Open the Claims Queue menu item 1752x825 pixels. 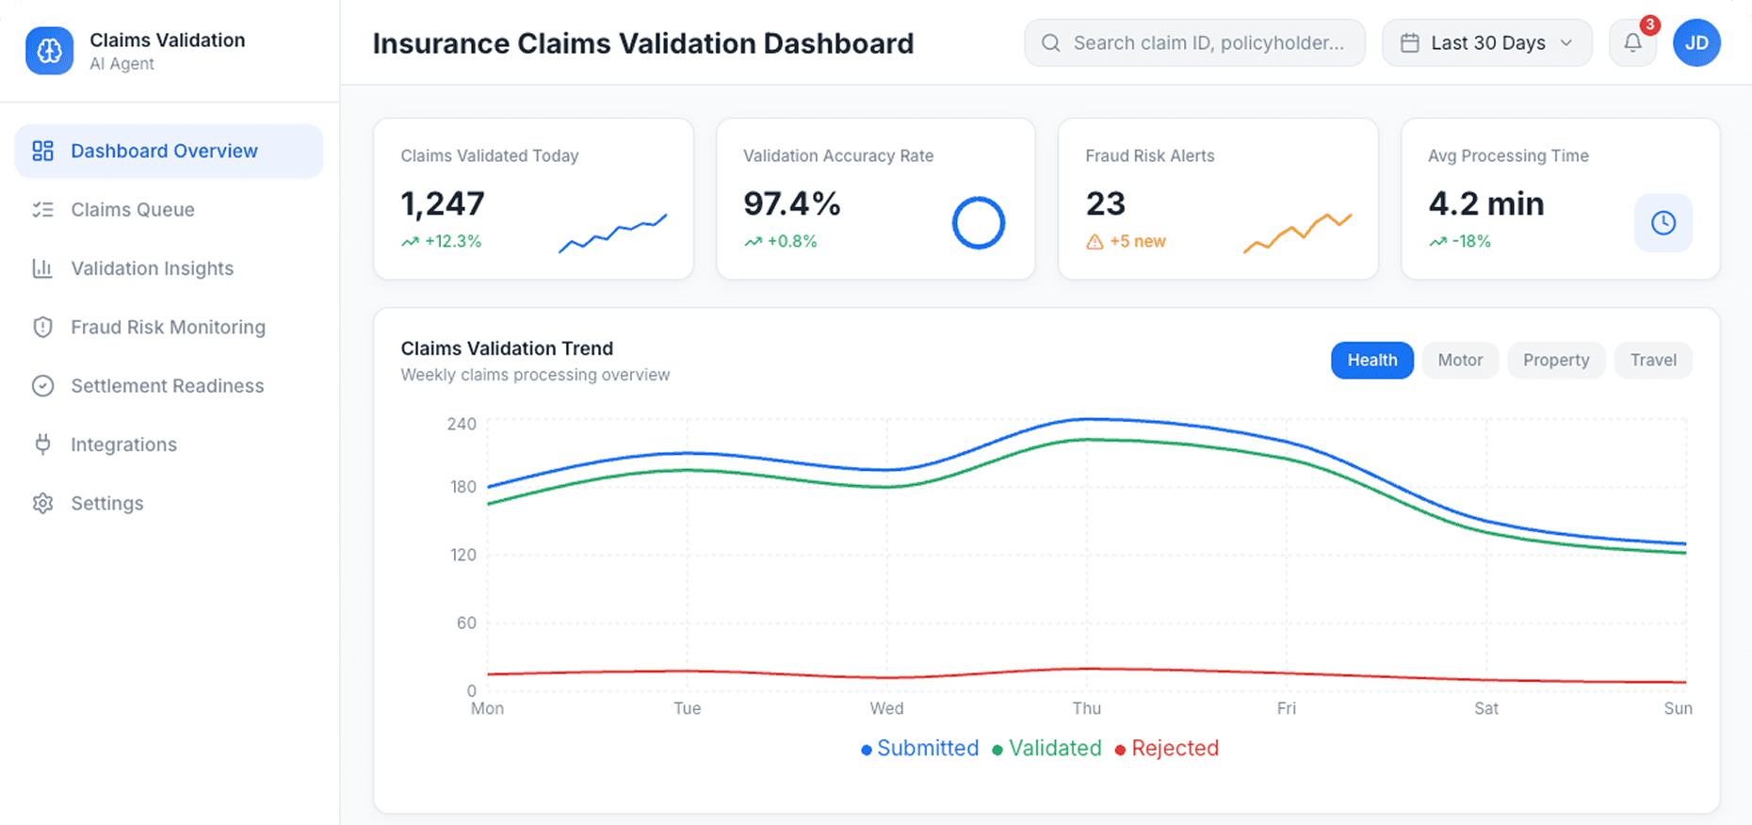tap(132, 210)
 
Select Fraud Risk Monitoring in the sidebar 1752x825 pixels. tap(168, 327)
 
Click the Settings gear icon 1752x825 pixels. tap(42, 503)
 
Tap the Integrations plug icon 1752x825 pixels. tap(42, 445)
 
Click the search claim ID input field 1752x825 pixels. tap(1208, 43)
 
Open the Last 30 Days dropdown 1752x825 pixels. tap(1486, 43)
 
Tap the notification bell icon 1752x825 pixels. tap(1632, 43)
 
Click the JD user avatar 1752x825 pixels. tap(1696, 43)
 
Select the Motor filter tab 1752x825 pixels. tap(1460, 360)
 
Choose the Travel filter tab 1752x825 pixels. tap(1653, 360)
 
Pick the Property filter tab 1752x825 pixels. tap(1556, 360)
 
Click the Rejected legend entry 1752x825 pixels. tap(1167, 749)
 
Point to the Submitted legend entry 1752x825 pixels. tap(920, 749)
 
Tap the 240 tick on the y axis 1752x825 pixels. tap(462, 424)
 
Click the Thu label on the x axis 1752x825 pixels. tap(1086, 708)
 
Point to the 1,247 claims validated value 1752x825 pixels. tap(443, 203)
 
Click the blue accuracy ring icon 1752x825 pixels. tap(979, 223)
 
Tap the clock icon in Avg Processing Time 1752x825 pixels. tap(1663, 223)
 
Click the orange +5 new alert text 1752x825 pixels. tap(1137, 242)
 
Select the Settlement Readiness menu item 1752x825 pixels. tap(167, 386)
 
